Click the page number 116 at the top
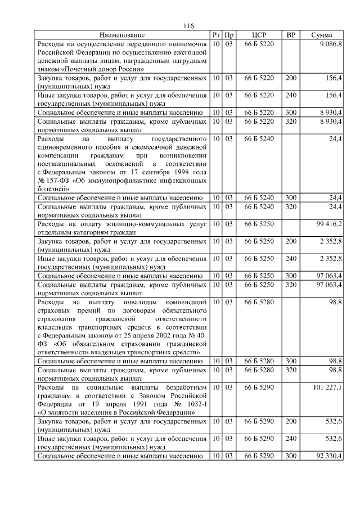click(188, 26)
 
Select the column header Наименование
click(122, 35)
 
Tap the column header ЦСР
click(259, 35)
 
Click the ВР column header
click(291, 35)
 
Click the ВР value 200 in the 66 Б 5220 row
click(291, 78)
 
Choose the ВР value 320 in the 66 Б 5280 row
click(291, 370)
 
